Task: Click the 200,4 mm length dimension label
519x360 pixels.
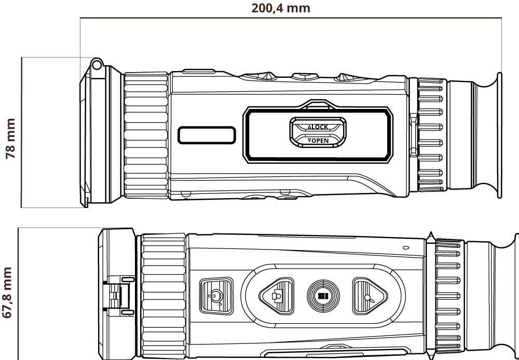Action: (x=281, y=8)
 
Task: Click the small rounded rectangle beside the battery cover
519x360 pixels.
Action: (x=207, y=135)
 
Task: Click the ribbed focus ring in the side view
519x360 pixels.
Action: (x=146, y=136)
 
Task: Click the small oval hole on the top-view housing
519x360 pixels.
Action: (x=405, y=248)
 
